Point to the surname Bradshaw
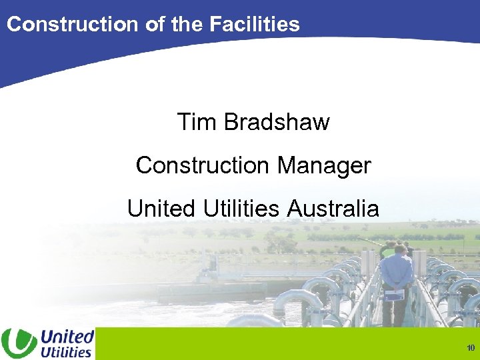click(277, 123)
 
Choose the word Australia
click(333, 209)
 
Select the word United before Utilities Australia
click(160, 209)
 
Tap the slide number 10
click(471, 348)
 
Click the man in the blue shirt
click(397, 277)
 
